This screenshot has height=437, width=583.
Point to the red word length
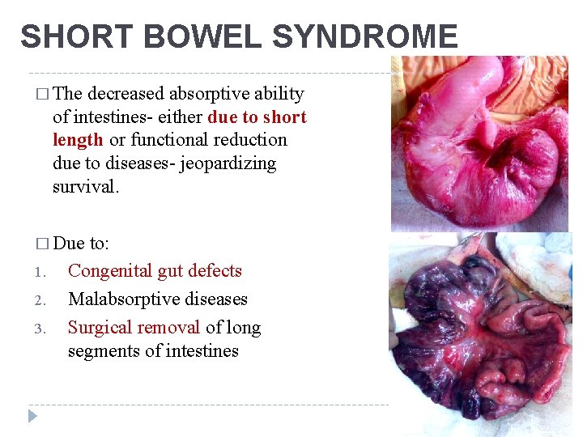click(x=78, y=140)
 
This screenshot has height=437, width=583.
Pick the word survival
click(x=85, y=187)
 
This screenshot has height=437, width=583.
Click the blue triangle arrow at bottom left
click(x=32, y=416)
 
